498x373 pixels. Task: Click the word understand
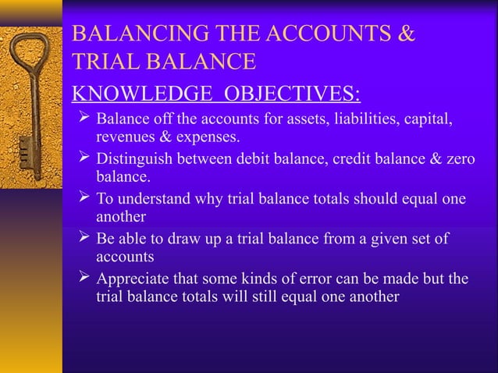click(148, 200)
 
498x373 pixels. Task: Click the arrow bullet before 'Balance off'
click(83, 120)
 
